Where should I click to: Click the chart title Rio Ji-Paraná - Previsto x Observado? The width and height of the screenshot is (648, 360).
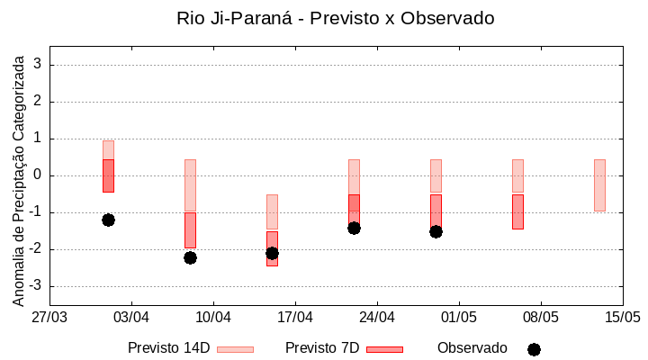point(336,18)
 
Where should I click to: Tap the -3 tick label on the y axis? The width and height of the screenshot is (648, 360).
point(35,286)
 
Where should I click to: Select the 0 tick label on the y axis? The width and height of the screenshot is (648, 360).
point(38,175)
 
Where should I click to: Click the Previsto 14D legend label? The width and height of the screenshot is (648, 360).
point(168,348)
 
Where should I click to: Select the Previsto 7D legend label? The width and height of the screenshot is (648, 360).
point(321,348)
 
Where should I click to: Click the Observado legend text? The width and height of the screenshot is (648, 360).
point(472,348)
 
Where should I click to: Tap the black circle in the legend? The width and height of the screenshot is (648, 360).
point(534,349)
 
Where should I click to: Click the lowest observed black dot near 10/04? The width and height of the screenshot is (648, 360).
point(190,257)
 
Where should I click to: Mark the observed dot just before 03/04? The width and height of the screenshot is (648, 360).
point(108,220)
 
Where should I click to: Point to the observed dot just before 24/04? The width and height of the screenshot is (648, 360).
point(354,228)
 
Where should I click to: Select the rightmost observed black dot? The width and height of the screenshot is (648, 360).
point(436,231)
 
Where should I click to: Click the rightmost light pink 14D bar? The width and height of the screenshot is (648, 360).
point(599,185)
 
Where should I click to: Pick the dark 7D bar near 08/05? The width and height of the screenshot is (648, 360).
point(517,211)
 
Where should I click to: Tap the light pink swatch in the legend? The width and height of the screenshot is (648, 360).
point(235,349)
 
